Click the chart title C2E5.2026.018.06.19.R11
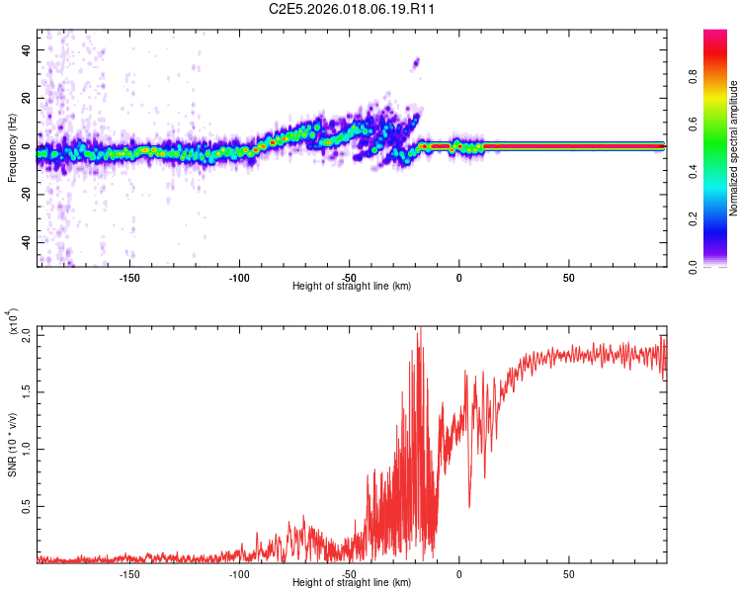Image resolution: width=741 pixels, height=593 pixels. [353, 9]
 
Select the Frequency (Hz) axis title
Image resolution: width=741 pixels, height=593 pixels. [12, 147]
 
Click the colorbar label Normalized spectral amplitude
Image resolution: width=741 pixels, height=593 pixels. [734, 148]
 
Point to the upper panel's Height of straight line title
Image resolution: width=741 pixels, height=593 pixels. [352, 286]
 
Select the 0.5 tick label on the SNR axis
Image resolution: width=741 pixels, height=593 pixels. [27, 506]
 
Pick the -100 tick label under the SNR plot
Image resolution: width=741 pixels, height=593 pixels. [238, 572]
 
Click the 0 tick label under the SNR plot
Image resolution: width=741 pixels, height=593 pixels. [458, 572]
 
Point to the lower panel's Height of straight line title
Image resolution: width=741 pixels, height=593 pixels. [352, 582]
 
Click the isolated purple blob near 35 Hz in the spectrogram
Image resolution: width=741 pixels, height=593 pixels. [416, 62]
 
